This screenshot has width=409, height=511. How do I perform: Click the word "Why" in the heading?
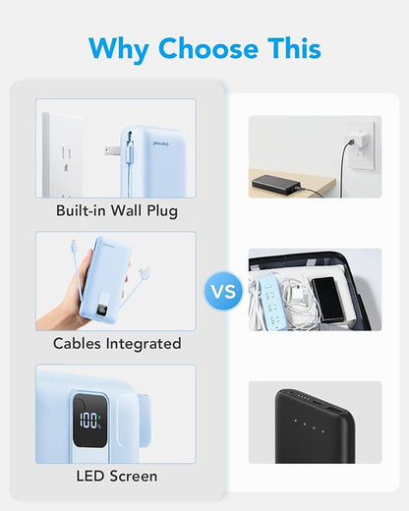tap(119, 49)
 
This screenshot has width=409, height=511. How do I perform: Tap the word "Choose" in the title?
tap(208, 48)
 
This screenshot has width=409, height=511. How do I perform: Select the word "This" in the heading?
tap(294, 48)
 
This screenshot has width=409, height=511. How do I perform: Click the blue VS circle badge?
tap(223, 291)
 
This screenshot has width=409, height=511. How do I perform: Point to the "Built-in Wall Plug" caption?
tap(117, 211)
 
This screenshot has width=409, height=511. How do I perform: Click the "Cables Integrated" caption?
tap(117, 344)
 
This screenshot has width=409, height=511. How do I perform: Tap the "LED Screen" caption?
tap(117, 477)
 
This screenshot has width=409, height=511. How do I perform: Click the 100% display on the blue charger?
tap(89, 421)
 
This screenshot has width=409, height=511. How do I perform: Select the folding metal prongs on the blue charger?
tap(112, 151)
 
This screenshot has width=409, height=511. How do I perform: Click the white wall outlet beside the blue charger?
tap(64, 155)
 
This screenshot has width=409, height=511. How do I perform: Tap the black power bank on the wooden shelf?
tap(276, 185)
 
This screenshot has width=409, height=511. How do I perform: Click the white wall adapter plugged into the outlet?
tap(361, 140)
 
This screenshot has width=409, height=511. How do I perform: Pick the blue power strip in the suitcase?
tap(271, 300)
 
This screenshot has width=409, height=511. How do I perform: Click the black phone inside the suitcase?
tap(327, 300)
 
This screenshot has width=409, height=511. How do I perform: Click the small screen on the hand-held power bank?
tap(100, 310)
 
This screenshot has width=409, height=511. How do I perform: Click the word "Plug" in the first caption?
tap(162, 211)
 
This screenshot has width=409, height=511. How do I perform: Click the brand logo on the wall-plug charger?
tap(161, 143)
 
